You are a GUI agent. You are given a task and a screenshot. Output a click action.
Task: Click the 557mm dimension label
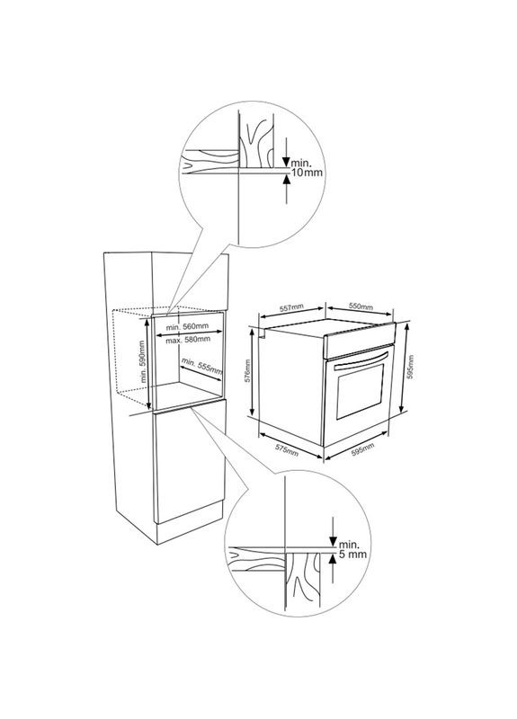click(x=291, y=307)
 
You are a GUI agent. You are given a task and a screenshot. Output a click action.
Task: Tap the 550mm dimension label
click(x=361, y=306)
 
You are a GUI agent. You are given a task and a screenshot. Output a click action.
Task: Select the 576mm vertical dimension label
click(x=247, y=371)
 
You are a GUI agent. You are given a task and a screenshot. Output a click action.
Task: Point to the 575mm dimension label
click(x=287, y=450)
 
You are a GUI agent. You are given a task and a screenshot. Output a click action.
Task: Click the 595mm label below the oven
click(x=362, y=449)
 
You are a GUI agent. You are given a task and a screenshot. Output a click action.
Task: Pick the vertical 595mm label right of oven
click(x=411, y=367)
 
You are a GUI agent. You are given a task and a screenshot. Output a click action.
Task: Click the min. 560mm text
click(x=187, y=326)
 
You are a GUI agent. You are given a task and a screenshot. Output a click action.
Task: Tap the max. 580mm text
click(x=188, y=340)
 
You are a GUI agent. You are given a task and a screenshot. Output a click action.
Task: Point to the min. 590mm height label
click(x=143, y=362)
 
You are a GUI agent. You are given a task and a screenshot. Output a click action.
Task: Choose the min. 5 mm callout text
click(x=352, y=549)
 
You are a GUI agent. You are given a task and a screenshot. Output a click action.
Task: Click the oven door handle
click(x=362, y=360)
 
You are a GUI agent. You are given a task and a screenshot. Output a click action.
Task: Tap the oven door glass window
click(x=361, y=389)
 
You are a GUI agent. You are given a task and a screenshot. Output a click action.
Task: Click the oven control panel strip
click(x=359, y=340)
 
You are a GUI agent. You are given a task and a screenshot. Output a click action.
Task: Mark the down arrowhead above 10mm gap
click(x=286, y=163)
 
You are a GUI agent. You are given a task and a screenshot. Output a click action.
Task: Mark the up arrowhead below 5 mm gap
click(x=333, y=557)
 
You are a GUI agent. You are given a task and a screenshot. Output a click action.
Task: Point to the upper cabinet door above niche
click(x=190, y=280)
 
